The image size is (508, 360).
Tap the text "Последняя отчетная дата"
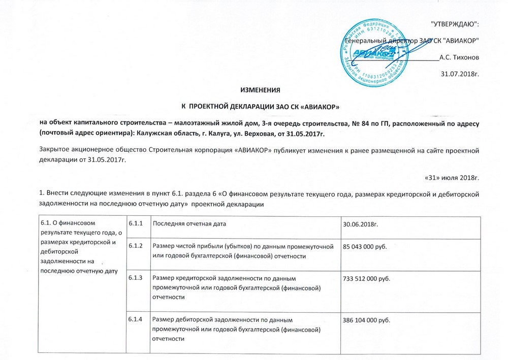189,223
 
